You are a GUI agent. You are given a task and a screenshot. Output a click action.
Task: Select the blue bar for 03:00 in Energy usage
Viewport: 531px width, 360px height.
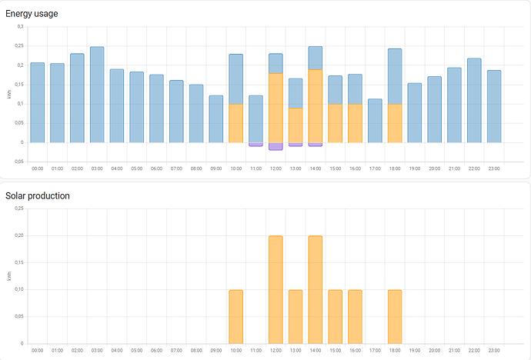[x=97, y=94]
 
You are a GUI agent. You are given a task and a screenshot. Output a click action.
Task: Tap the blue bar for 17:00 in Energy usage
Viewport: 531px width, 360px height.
[x=375, y=120]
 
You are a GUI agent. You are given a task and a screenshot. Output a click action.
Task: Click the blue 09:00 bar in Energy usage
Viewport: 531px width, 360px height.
[x=216, y=118]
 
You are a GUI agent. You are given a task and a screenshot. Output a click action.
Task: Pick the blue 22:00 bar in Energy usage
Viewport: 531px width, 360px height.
[x=474, y=100]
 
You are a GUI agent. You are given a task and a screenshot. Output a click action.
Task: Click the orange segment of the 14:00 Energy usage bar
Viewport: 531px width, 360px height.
[x=316, y=105]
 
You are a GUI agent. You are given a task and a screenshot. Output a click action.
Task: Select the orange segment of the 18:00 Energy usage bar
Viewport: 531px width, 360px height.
[x=395, y=123]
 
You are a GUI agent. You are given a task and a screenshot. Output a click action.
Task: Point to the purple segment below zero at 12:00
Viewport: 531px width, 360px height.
[x=276, y=146]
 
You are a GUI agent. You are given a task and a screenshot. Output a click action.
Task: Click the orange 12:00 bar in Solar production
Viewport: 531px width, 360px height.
[x=276, y=289]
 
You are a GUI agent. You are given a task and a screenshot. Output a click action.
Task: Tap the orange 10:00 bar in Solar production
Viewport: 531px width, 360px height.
[x=236, y=316]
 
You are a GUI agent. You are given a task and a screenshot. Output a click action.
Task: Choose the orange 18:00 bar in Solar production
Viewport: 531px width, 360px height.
[x=395, y=316]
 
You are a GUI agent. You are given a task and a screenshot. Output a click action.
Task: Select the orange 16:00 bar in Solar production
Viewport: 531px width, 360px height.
[x=355, y=316]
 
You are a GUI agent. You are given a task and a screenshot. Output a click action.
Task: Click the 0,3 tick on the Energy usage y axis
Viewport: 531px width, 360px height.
[x=20, y=26]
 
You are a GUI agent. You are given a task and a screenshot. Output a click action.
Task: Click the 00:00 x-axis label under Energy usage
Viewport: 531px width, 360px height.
[x=38, y=168]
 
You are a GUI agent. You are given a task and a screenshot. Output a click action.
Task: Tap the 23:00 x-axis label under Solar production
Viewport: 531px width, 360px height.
[x=494, y=350]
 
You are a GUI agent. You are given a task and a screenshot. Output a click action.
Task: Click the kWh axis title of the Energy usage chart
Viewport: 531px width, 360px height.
[x=10, y=94]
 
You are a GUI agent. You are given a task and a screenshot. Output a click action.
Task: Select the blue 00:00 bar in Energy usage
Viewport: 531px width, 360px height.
[x=38, y=102]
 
